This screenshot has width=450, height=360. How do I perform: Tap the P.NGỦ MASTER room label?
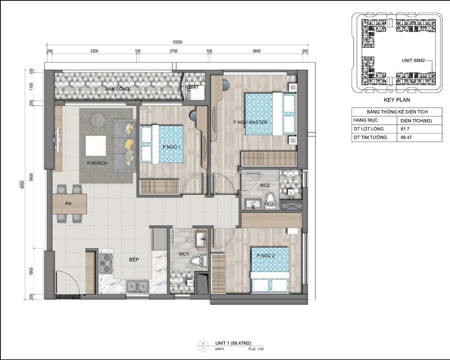click(250, 122)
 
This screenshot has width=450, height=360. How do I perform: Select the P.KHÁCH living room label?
click(97, 163)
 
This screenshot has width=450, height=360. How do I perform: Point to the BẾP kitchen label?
click(134, 259)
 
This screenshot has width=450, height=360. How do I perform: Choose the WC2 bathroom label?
click(264, 185)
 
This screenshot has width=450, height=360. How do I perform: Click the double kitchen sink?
click(137, 287)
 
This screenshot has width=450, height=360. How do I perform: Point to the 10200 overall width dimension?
click(177, 42)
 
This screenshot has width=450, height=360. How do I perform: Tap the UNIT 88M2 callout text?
click(416, 61)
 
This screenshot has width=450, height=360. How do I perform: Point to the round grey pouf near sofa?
click(98, 119)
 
